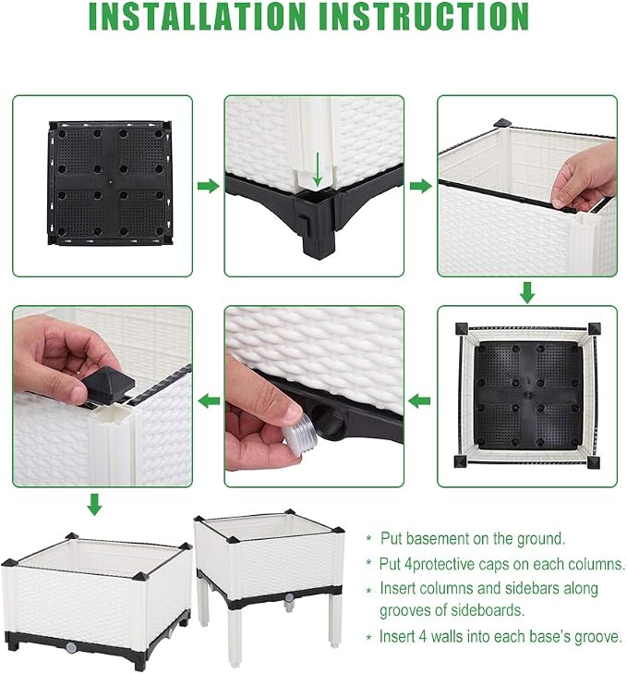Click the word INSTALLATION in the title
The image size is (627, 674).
(197, 17)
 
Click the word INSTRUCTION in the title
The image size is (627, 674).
(424, 17)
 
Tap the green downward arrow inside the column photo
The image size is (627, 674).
(318, 169)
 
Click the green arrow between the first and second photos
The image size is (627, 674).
(209, 186)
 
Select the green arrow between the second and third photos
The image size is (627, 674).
(421, 186)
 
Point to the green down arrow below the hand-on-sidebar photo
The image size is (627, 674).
(527, 293)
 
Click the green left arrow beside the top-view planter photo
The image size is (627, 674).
(419, 401)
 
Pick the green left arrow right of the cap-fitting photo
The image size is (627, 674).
(209, 401)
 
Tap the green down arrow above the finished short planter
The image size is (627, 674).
(94, 504)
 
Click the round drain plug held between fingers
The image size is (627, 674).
(300, 435)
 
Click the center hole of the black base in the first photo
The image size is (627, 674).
(111, 182)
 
